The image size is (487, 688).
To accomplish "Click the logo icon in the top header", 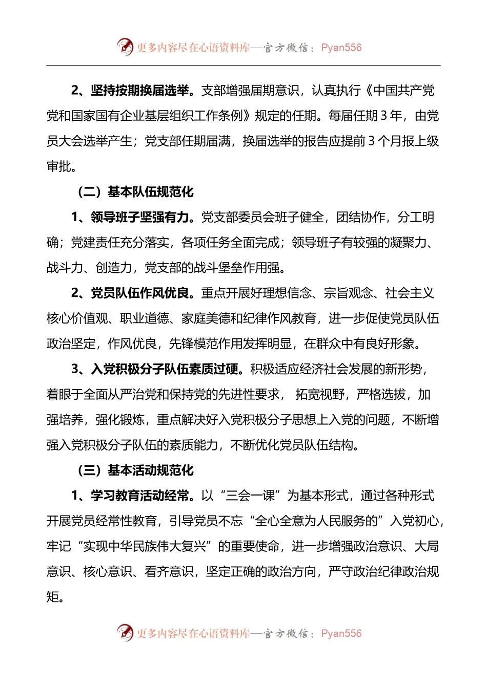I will (125, 47).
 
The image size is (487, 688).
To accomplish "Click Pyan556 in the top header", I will (341, 48).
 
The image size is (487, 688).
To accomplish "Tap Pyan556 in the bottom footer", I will (341, 633).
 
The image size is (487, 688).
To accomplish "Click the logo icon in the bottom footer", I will (125, 633).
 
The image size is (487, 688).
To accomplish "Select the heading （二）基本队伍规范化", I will (134, 192).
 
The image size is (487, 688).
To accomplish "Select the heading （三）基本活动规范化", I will (134, 470).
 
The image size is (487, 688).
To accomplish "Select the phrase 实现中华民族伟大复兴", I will (145, 546).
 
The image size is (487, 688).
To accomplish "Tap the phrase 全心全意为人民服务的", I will (316, 521).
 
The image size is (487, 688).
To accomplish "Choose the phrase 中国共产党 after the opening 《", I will (404, 91).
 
